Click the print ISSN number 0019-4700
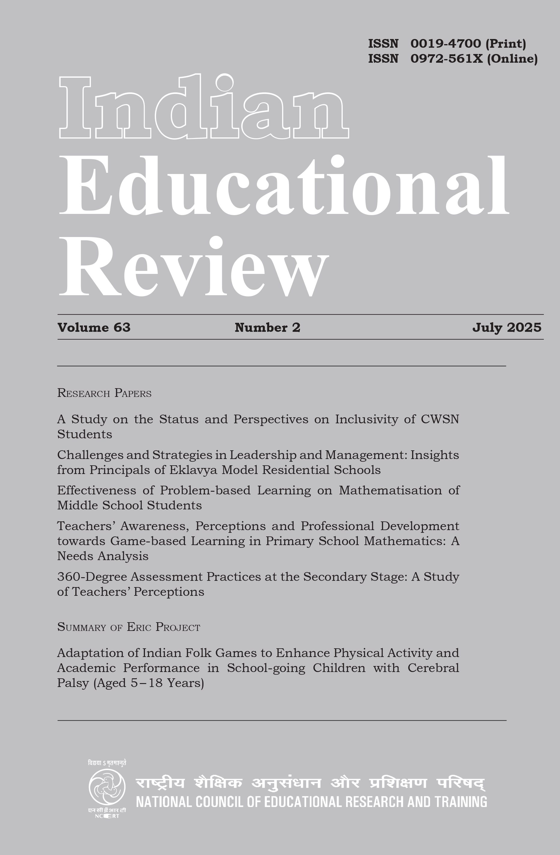click(x=445, y=44)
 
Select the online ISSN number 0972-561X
click(x=447, y=58)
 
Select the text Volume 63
click(x=94, y=327)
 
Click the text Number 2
click(x=267, y=327)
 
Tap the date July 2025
click(x=507, y=327)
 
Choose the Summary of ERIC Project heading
click(x=128, y=627)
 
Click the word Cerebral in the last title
click(x=433, y=667)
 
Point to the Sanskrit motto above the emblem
click(x=107, y=763)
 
